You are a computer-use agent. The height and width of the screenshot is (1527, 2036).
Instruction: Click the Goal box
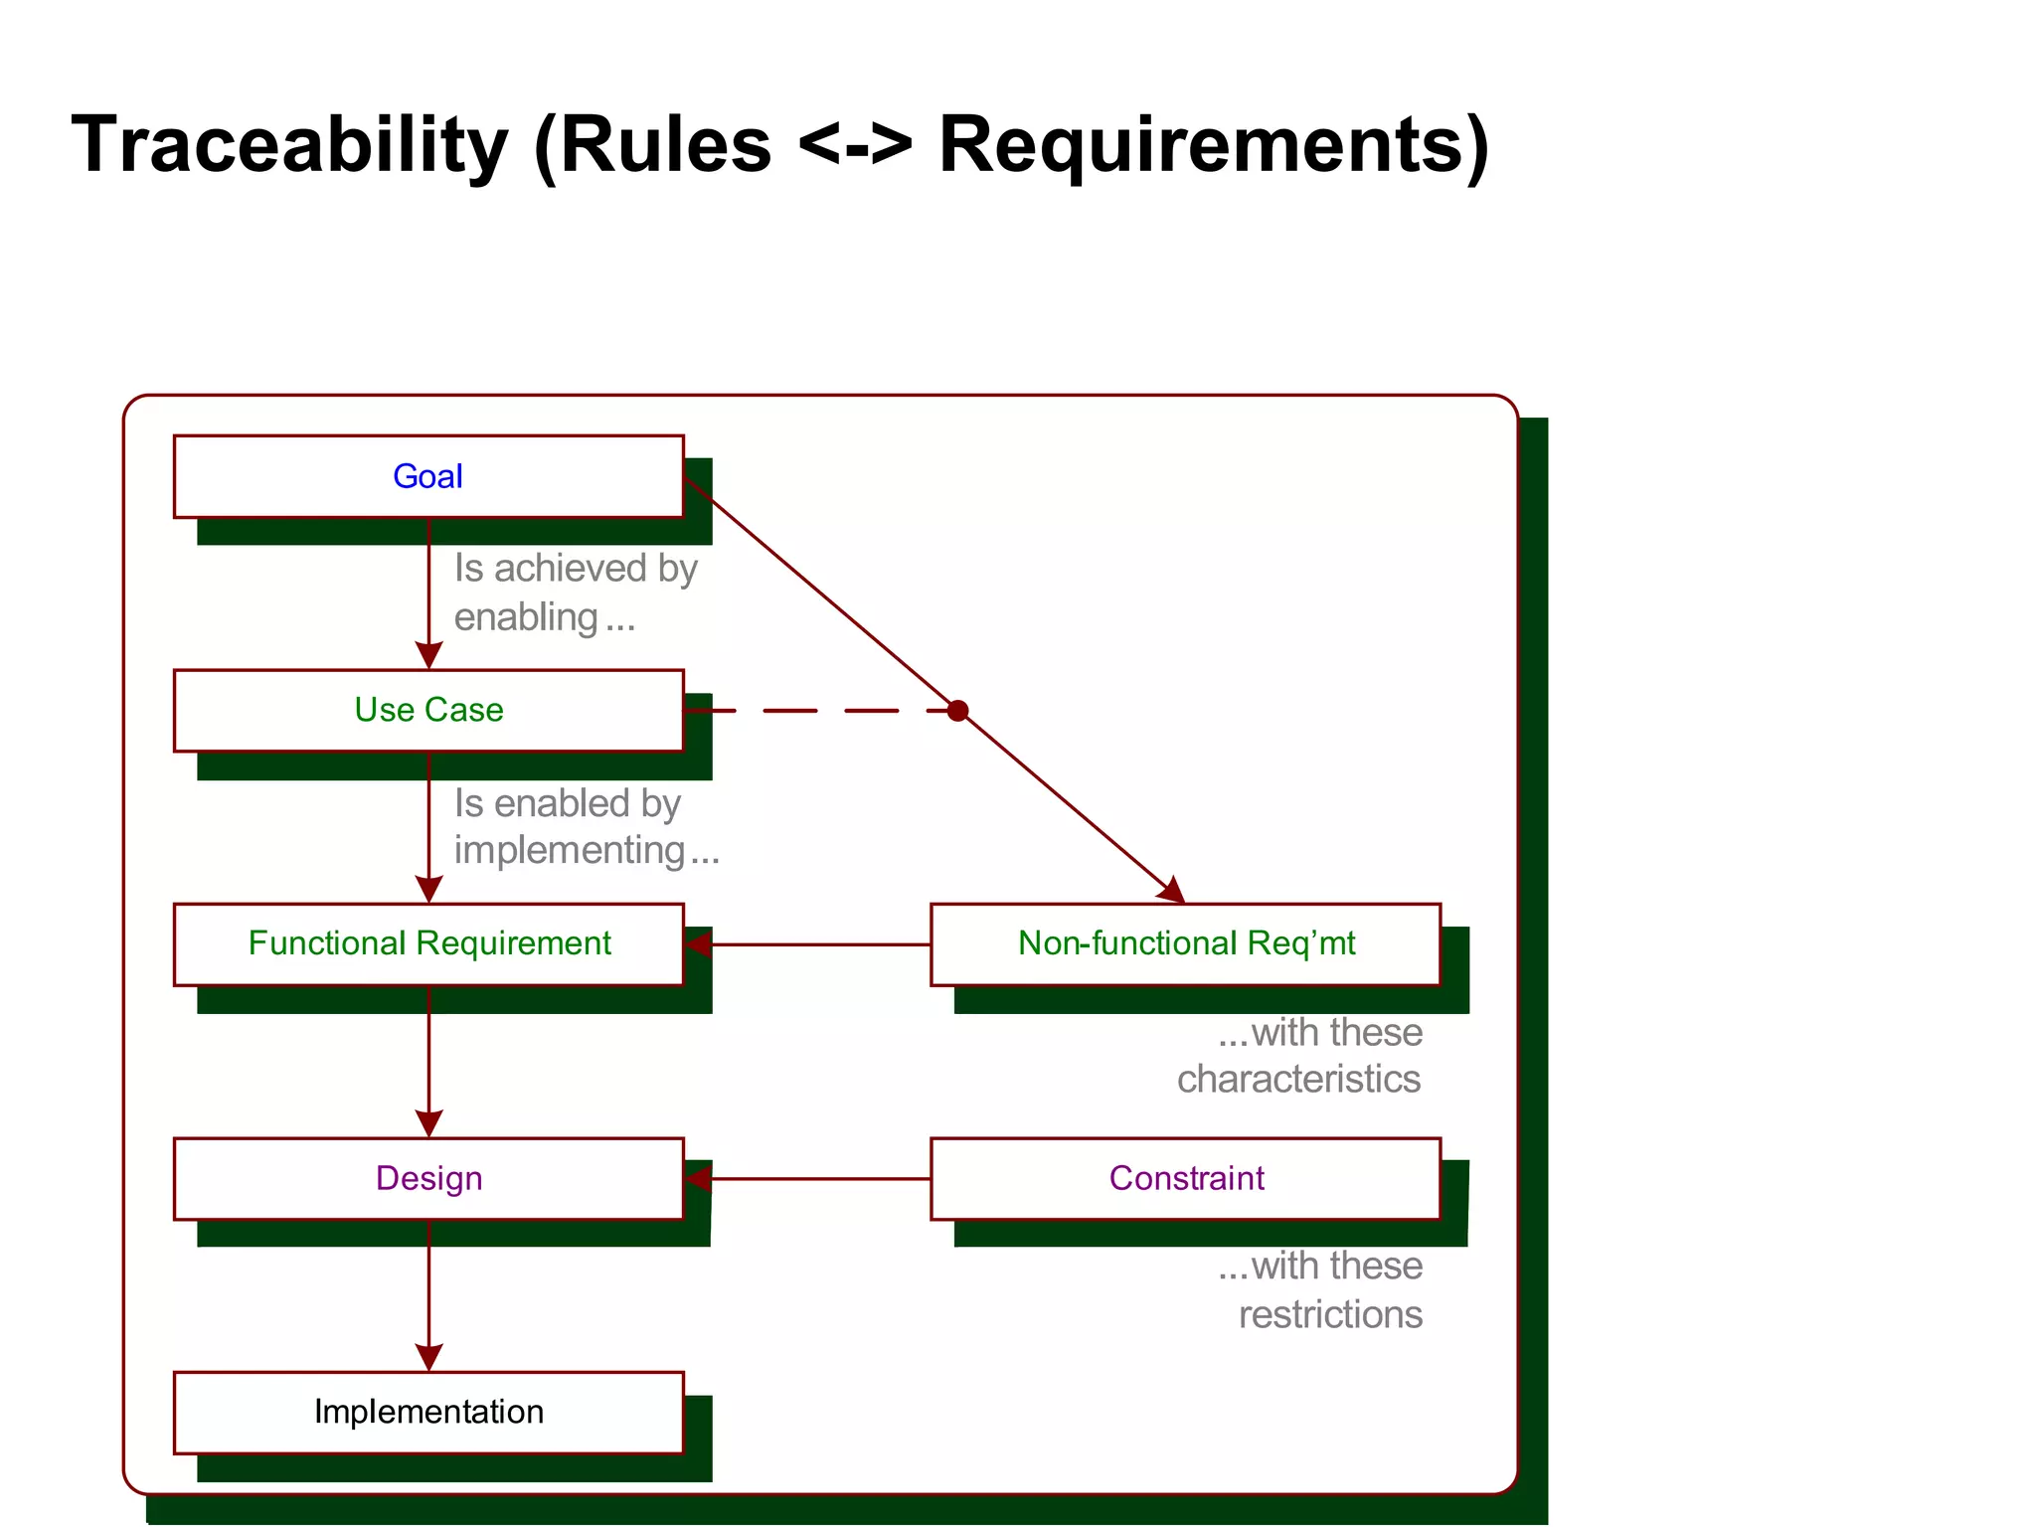428,476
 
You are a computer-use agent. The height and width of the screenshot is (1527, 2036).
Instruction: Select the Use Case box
428,710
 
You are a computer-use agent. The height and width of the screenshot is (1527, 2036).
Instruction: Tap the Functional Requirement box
428,943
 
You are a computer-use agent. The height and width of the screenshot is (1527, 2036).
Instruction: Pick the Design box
428,1178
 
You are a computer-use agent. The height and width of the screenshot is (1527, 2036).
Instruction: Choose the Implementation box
428,1412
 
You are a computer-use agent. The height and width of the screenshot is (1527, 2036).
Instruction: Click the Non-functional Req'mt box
1185,943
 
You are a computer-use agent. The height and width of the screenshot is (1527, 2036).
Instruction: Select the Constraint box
1185,1178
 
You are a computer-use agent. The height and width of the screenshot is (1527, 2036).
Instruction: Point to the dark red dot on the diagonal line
957,711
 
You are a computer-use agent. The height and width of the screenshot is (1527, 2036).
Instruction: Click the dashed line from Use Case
815,711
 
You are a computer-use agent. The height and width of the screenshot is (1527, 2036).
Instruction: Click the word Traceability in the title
289,145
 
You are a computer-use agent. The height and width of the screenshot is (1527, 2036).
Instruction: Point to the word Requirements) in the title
1213,145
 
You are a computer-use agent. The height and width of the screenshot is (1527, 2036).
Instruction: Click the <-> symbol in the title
855,145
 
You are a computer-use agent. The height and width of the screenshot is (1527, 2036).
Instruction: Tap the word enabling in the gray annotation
526,617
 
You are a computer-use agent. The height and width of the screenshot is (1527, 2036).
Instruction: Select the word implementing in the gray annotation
570,851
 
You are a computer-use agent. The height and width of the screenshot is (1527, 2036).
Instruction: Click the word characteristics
1298,1080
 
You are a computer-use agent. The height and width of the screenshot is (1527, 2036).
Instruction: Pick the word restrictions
1330,1314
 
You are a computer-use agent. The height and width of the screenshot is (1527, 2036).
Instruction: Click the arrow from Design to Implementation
428,1292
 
